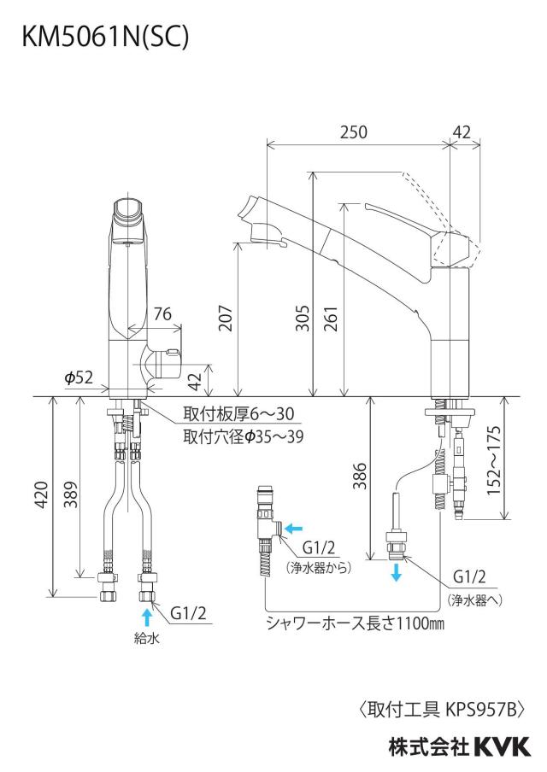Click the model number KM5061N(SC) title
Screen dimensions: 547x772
pos(105,37)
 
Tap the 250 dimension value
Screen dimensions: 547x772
pos(353,132)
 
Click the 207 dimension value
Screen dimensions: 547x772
pos(225,318)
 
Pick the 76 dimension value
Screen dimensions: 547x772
pos(162,313)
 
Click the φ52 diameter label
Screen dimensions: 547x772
pos(79,377)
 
